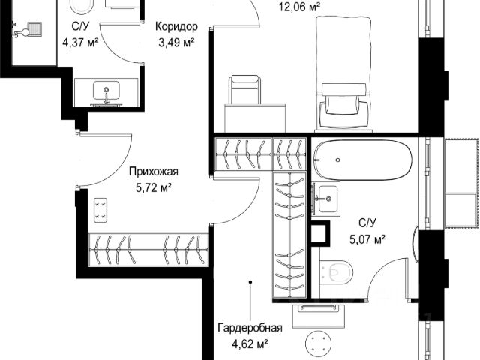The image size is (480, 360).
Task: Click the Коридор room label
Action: point(176,27)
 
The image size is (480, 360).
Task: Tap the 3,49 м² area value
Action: point(176,43)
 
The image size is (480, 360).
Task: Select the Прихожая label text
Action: point(153,172)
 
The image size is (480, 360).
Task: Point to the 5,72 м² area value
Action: point(153,187)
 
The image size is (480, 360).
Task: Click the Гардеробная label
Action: point(250,328)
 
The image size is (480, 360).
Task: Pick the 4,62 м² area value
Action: point(250,343)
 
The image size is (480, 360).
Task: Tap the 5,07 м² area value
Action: point(367,239)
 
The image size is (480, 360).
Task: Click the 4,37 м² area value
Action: point(80,42)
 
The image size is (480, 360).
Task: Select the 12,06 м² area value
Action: point(299,7)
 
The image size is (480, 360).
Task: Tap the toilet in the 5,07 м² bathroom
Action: point(336,272)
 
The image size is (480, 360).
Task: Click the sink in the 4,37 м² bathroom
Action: point(106,91)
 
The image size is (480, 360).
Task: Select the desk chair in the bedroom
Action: point(245,90)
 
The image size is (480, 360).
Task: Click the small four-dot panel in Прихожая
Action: point(100,210)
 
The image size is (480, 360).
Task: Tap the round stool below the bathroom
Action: point(319,343)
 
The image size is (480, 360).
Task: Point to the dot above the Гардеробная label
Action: point(250,282)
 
